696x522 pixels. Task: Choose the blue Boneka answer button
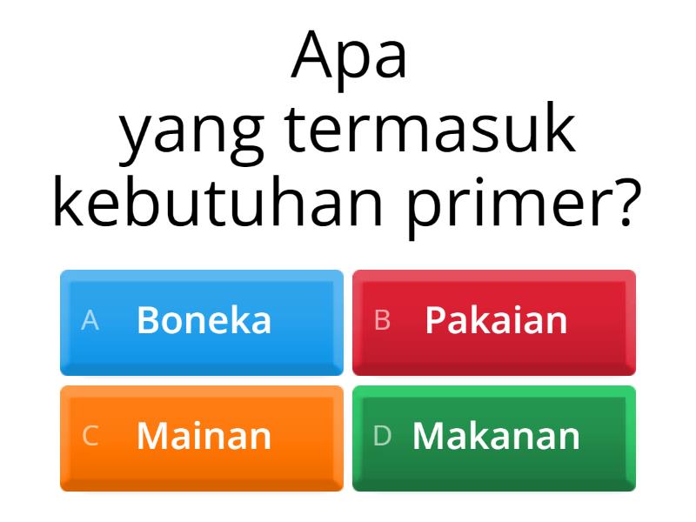pos(202,322)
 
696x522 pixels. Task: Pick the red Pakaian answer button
pos(493,322)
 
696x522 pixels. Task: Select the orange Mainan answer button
pos(202,438)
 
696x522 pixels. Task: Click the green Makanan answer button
pos(493,438)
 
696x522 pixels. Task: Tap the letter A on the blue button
pos(90,321)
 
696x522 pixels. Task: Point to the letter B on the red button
pos(382,321)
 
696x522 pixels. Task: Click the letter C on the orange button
pos(90,437)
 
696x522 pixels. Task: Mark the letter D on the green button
pos(383,437)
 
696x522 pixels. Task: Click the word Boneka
pos(204,320)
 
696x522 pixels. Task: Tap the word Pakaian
pos(496,320)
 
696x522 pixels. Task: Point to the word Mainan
pos(204,436)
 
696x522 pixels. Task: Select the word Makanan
pos(496,436)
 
